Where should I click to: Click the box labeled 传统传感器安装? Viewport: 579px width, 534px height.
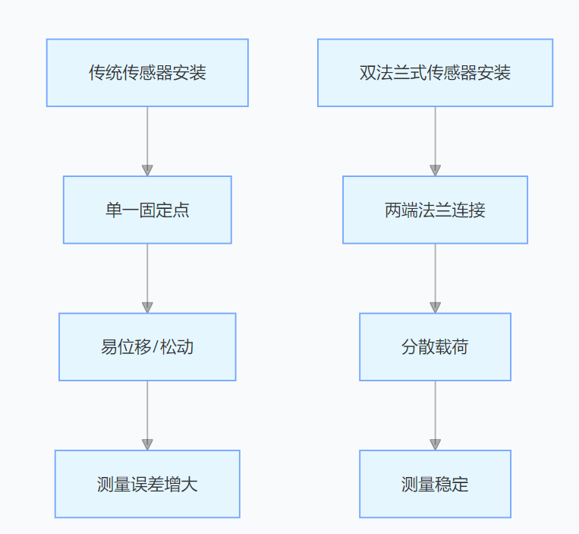tap(147, 73)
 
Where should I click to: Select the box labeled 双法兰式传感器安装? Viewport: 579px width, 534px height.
tap(435, 73)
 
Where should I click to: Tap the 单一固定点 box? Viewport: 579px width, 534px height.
tap(147, 210)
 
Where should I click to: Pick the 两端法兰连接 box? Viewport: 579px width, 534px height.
tap(435, 210)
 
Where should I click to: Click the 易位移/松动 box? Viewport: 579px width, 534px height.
tap(147, 347)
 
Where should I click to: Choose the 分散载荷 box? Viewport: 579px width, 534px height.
tap(435, 347)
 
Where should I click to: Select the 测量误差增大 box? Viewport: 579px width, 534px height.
tap(147, 484)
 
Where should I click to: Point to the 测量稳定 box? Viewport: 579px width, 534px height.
tap(435, 484)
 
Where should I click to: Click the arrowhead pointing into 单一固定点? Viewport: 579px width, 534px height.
tap(147, 170)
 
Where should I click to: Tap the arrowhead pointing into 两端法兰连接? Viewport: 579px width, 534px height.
tap(435, 170)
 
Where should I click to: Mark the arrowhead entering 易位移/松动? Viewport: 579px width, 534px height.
tap(147, 307)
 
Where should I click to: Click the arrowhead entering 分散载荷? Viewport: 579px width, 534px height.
tap(435, 307)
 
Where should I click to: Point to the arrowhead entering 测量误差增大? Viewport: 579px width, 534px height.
tap(147, 444)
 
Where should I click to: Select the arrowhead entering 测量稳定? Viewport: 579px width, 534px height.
tap(435, 444)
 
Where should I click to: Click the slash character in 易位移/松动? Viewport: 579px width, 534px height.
tap(156, 347)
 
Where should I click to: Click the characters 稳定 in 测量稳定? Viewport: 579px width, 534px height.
tap(452, 484)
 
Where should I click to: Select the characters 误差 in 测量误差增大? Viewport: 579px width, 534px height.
tap(147, 484)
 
